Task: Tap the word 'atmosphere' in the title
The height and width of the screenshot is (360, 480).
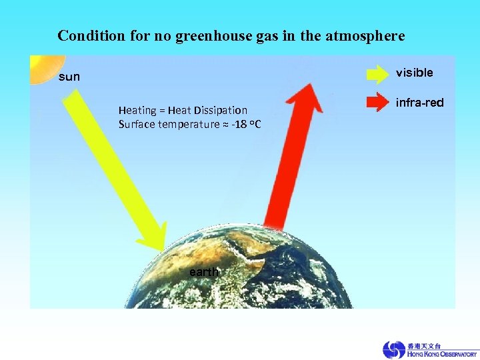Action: [365, 35]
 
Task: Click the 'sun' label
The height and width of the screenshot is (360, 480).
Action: [69, 77]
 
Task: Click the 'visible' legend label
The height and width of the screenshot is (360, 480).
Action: [414, 73]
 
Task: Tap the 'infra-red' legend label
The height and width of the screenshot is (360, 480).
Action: [419, 103]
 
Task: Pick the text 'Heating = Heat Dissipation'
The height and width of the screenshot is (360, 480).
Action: [183, 110]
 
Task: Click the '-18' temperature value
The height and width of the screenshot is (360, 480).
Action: [239, 125]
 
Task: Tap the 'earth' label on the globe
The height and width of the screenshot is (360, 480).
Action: [203, 272]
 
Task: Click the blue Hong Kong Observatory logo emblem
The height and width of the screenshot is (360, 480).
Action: [393, 350]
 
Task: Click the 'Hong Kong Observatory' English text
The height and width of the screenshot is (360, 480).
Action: [441, 355]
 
